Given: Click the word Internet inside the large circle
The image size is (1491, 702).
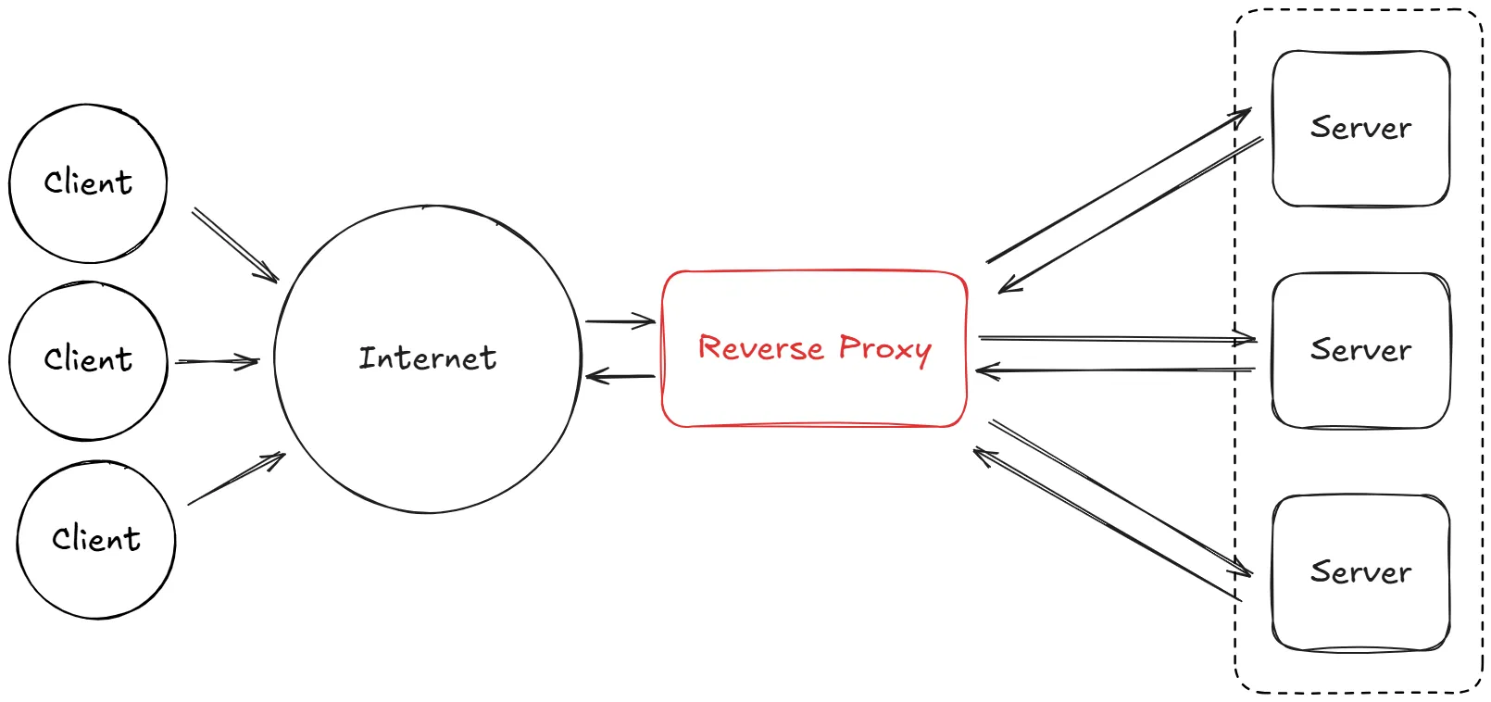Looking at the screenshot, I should [x=427, y=357].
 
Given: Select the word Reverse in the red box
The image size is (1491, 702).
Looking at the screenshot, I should [x=760, y=348].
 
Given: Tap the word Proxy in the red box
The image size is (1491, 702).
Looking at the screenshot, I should [x=884, y=349].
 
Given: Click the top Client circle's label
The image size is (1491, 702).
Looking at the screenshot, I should [x=88, y=182].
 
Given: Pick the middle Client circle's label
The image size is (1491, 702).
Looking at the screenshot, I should [x=88, y=359].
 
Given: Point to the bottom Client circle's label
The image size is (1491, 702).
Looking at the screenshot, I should [x=96, y=539].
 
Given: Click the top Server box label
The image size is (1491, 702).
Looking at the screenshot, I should [x=1360, y=128].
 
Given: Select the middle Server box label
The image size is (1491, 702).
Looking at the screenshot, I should [x=1360, y=350].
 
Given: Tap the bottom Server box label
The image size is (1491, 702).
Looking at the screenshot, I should [x=1360, y=572].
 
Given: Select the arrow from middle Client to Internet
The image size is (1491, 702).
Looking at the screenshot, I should [x=217, y=361].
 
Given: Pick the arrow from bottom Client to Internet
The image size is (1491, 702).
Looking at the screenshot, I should [x=236, y=479].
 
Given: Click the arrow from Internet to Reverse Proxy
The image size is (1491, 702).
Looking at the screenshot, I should [x=620, y=321].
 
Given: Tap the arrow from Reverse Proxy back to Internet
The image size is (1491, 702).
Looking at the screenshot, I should [x=620, y=376].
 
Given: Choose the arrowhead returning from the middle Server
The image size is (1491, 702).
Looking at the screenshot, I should [x=984, y=371].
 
